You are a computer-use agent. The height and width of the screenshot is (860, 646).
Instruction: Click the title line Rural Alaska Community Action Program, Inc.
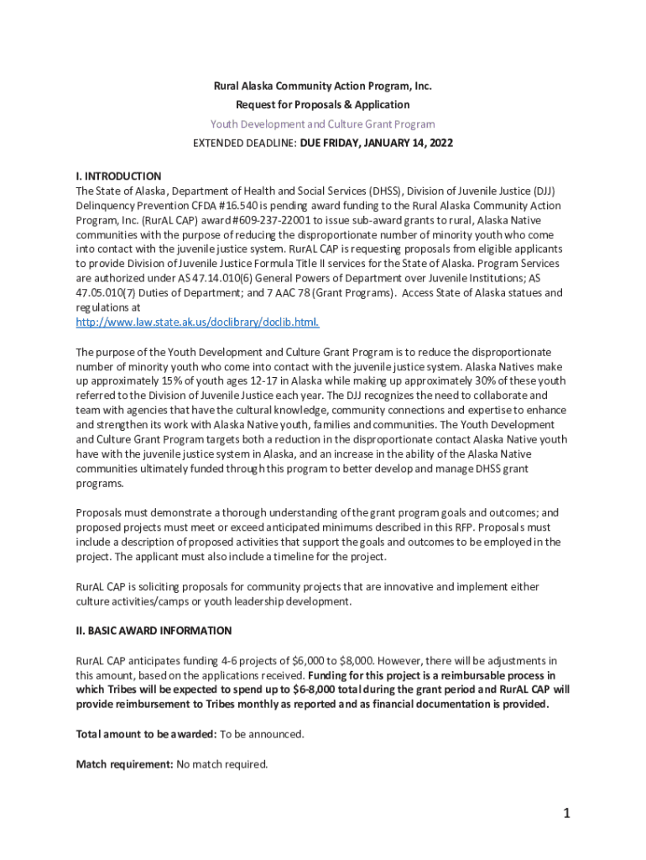coord(322,86)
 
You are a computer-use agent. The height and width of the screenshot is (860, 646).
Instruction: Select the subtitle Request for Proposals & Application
coord(322,105)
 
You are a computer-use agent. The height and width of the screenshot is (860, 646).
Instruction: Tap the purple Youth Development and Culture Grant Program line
coord(322,124)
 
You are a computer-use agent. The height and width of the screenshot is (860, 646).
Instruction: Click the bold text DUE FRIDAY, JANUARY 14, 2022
coord(376,144)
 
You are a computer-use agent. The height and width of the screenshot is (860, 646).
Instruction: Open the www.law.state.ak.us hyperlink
coord(197,322)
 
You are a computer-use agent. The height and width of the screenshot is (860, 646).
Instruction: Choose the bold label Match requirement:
coord(124,764)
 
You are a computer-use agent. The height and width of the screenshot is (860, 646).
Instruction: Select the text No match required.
coord(222,764)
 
